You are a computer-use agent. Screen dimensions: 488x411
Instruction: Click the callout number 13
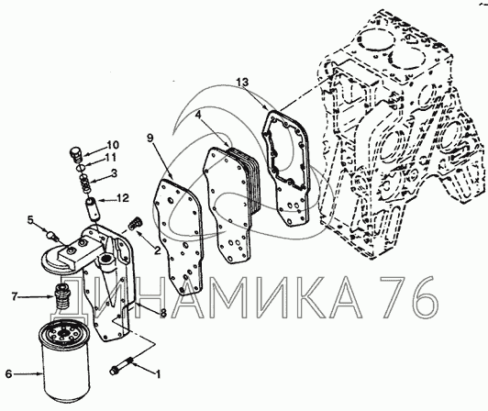(242, 83)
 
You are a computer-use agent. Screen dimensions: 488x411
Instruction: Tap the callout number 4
(198, 115)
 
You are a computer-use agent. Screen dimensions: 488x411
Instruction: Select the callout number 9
(150, 138)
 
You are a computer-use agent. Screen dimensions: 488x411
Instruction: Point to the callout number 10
(113, 145)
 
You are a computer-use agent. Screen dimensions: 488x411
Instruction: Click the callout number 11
(110, 158)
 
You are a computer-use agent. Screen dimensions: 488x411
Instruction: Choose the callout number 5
(30, 220)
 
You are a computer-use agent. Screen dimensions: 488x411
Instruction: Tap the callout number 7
(14, 296)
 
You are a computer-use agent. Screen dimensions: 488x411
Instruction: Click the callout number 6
(9, 373)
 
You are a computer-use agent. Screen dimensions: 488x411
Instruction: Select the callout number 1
(158, 374)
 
